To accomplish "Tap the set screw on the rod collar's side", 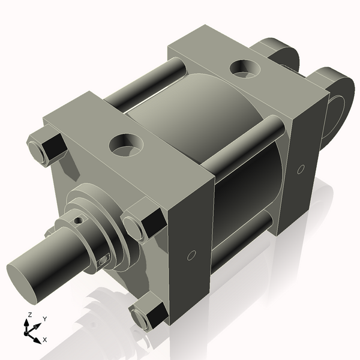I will [103, 260].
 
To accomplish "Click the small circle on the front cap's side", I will [191, 256].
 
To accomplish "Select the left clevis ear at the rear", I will [279, 51].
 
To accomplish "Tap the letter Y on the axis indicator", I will [45, 319].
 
